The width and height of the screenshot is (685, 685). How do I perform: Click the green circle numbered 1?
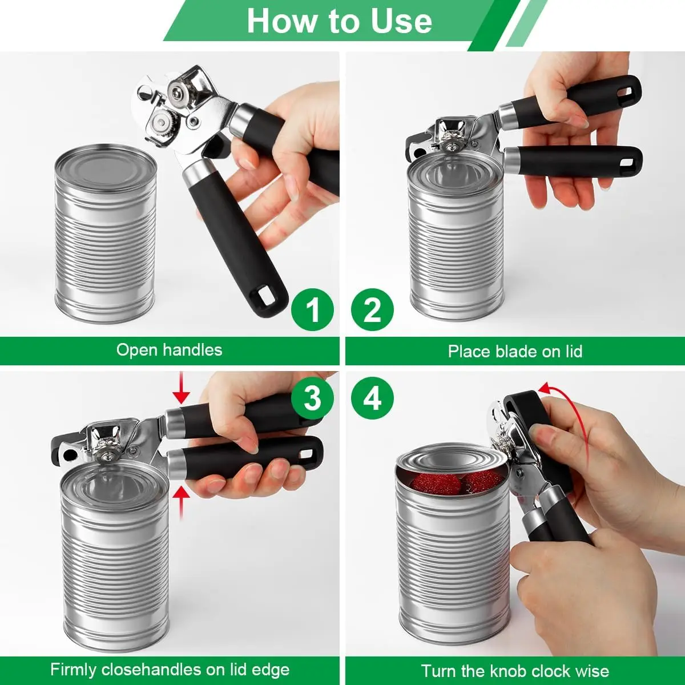pos(312,309)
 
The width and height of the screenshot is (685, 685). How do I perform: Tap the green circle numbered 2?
pos(373,309)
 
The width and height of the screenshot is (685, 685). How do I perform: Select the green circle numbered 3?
pos(312,398)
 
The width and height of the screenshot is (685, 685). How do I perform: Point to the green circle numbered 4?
pos(373,398)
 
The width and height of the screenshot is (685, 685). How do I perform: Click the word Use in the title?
pos(401,21)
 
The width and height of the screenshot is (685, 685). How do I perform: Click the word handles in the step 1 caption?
pos(193,350)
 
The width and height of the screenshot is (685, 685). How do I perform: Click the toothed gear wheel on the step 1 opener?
pos(163,123)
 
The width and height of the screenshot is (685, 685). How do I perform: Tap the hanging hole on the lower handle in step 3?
pos(307,454)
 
